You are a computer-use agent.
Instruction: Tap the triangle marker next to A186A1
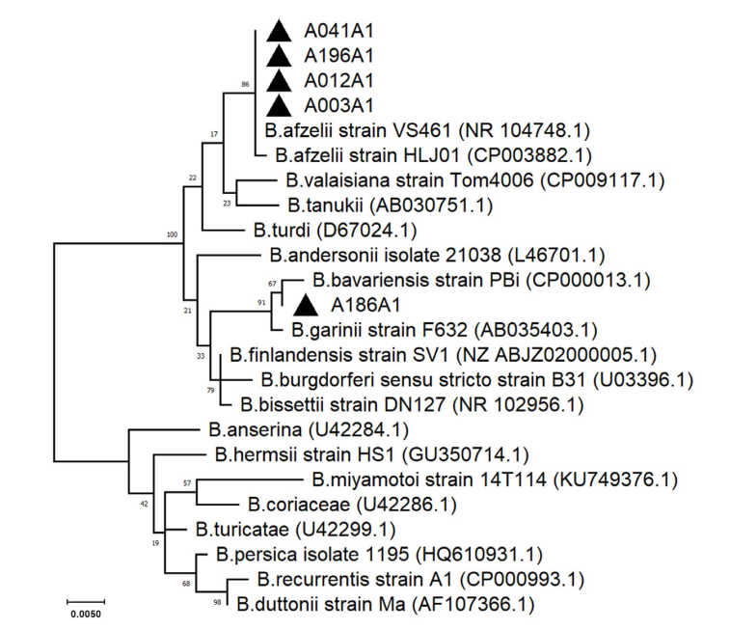[305, 306]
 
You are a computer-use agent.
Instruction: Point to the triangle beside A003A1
[279, 104]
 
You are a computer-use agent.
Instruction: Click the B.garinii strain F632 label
[424, 331]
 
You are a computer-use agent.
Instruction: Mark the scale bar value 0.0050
[86, 613]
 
